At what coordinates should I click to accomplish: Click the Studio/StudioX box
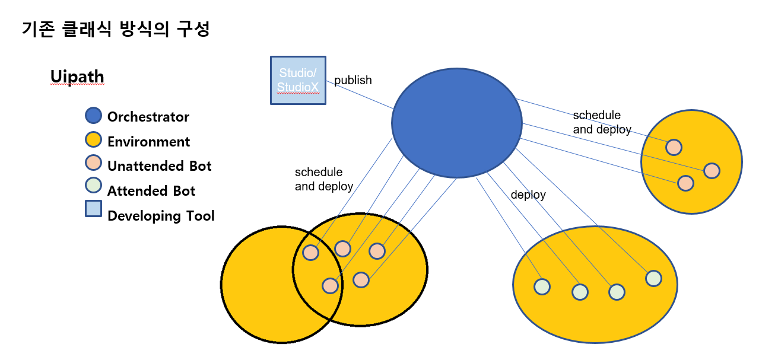tap(298, 80)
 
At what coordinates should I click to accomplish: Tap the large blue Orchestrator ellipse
tap(456, 122)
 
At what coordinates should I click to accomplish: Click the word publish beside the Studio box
tap(353, 80)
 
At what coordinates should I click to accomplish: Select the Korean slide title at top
tap(116, 29)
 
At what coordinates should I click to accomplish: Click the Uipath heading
tap(77, 77)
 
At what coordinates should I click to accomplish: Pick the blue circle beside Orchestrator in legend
tap(93, 116)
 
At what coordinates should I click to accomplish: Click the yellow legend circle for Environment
tap(93, 141)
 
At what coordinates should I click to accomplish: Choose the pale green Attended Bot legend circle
tap(93, 186)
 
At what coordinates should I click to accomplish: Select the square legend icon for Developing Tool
tap(93, 209)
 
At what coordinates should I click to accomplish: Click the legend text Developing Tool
tap(161, 216)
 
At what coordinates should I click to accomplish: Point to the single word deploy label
tap(528, 195)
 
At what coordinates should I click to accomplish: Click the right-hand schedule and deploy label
tap(602, 122)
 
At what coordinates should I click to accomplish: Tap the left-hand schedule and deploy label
tap(323, 179)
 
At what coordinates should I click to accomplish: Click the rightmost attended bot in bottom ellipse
tap(653, 278)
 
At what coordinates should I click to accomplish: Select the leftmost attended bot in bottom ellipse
tap(542, 286)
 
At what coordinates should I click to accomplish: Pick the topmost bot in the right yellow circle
tap(673, 146)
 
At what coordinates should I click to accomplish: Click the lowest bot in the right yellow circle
tap(685, 183)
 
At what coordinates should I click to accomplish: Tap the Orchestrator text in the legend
tap(148, 117)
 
